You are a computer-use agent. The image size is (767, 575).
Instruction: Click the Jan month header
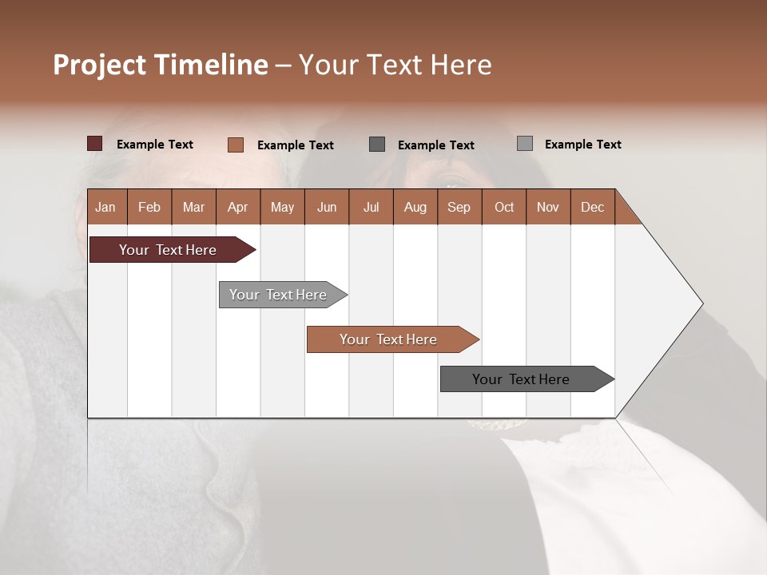(x=106, y=207)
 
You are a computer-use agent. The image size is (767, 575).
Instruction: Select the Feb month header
(x=149, y=207)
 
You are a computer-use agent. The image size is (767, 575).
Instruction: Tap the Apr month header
(x=237, y=207)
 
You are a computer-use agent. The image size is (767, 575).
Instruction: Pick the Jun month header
(x=327, y=207)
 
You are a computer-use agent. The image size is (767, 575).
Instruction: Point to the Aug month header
(x=415, y=207)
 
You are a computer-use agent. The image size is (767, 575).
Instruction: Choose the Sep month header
(x=459, y=207)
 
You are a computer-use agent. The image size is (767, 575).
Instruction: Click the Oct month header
(x=504, y=207)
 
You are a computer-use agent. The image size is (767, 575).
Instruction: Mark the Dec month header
(x=592, y=207)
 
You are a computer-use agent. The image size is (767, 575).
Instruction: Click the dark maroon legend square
(x=95, y=144)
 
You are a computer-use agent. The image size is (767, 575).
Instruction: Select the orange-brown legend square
(x=236, y=145)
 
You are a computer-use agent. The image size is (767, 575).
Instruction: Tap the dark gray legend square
(x=377, y=145)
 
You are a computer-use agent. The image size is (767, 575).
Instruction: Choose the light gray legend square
(x=525, y=144)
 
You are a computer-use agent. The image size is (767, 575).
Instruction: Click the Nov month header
(x=548, y=207)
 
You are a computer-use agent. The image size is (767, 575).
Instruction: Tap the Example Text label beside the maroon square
(x=155, y=145)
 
